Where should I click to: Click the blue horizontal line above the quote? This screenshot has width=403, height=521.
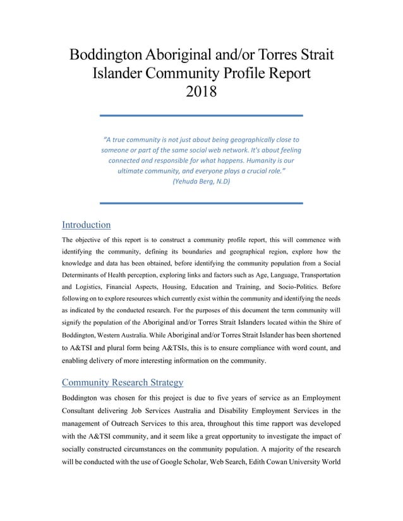201,115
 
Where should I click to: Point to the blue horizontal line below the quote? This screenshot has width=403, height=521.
201,203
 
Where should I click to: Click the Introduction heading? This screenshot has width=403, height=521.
86,225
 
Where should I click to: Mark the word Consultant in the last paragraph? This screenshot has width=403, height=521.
83,411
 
